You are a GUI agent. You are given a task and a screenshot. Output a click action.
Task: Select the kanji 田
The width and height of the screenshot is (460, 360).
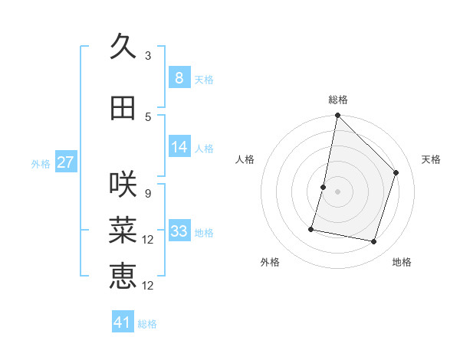(x=123, y=108)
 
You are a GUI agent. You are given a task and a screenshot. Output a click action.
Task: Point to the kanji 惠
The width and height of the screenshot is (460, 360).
(x=123, y=276)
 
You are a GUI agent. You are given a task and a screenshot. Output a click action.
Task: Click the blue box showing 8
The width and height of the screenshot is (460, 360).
(x=179, y=78)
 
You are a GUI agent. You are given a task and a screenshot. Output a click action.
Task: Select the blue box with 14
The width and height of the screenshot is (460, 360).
(x=179, y=147)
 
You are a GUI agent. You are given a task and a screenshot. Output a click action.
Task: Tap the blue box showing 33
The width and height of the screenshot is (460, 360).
(x=179, y=231)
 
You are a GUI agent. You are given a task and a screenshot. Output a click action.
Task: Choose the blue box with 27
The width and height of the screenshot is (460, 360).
(x=66, y=162)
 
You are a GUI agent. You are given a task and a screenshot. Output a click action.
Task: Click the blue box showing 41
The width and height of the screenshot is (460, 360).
(x=123, y=322)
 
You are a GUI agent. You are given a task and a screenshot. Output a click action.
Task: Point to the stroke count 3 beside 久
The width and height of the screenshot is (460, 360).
(x=148, y=56)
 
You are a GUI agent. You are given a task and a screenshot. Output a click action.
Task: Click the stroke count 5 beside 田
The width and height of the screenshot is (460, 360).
(x=148, y=117)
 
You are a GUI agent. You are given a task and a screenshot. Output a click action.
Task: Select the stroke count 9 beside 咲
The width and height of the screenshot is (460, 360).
(x=148, y=193)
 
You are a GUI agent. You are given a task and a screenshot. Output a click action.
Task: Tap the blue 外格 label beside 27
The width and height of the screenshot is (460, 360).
(x=41, y=163)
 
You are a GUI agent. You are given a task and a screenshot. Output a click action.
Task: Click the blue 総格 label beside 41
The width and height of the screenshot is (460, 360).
(x=147, y=324)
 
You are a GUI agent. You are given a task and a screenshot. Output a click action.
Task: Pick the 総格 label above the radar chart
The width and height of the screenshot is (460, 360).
(x=338, y=100)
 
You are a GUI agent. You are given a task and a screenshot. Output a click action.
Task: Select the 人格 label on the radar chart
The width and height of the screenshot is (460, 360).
(x=245, y=159)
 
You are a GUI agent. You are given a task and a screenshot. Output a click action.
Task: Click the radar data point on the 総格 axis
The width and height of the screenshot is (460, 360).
(x=337, y=116)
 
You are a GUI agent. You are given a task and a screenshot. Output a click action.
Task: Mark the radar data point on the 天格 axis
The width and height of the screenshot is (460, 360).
(x=396, y=172)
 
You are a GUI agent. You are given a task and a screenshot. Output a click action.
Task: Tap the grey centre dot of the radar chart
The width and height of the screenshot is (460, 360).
(x=337, y=191)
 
